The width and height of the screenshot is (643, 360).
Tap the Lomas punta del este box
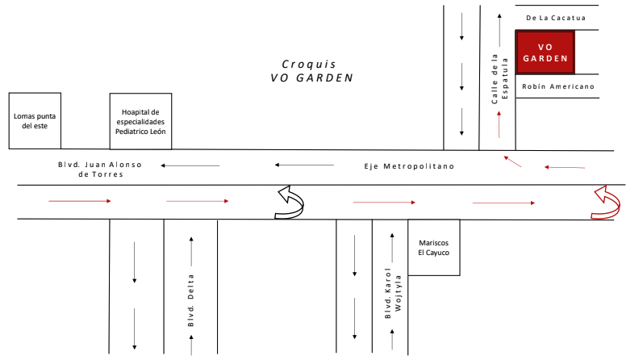click(35, 120)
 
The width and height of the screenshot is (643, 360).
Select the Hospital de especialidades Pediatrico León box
click(140, 121)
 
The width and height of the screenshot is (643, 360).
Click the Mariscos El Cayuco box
click(433, 247)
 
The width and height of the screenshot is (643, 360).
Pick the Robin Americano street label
click(557, 86)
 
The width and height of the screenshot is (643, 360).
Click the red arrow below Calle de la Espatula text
click(499, 124)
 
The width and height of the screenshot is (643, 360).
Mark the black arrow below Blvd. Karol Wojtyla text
click(393, 341)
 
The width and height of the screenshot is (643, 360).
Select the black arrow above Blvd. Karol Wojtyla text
click(393, 245)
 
